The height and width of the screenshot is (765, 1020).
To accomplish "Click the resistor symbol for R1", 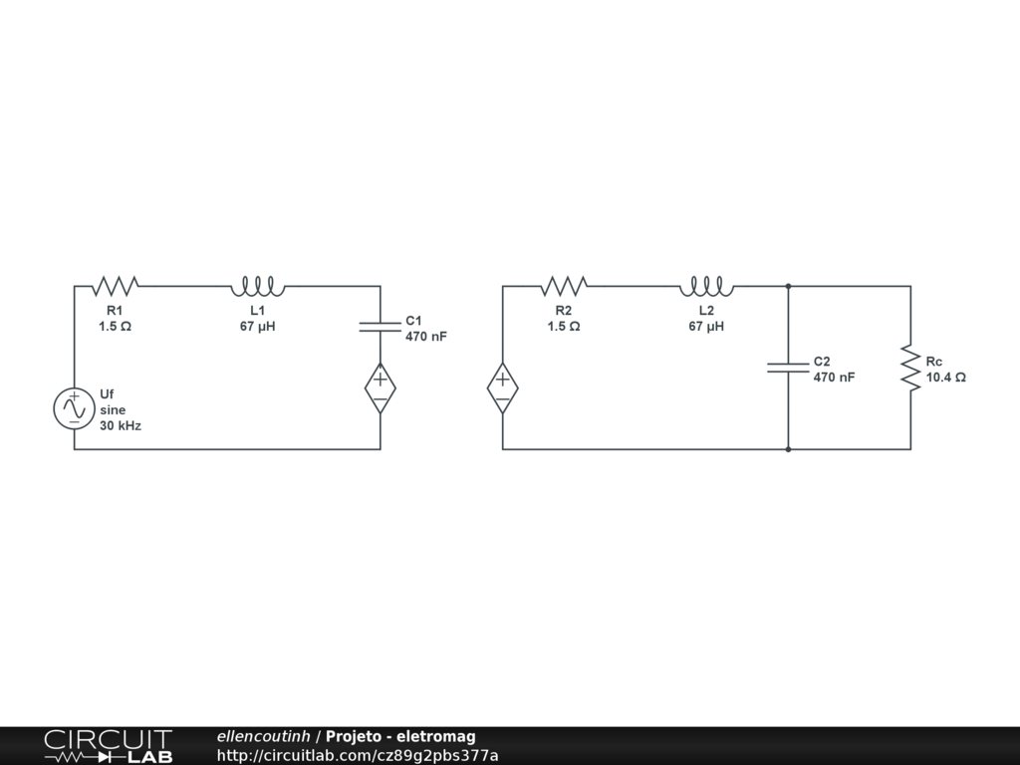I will click(x=116, y=287).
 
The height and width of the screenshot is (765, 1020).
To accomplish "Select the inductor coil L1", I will click(x=257, y=287).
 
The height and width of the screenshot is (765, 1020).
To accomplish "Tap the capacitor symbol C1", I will click(x=381, y=325).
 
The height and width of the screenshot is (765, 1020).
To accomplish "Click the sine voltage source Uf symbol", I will click(x=74, y=408).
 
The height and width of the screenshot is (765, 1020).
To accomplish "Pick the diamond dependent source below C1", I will click(x=381, y=388).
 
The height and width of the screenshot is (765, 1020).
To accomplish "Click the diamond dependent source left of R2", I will click(x=503, y=388).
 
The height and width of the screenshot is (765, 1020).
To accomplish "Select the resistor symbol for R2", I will click(x=564, y=287).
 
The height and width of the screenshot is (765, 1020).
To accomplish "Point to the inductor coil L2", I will click(x=706, y=287).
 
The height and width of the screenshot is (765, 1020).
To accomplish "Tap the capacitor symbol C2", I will click(x=788, y=367).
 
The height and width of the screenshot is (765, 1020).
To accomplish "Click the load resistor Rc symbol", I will click(x=910, y=368).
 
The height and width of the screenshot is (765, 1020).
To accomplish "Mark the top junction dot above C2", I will click(x=788, y=286).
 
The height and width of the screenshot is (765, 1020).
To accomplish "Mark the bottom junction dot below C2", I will click(x=788, y=449).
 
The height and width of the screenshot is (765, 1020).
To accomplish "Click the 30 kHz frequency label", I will click(x=120, y=425).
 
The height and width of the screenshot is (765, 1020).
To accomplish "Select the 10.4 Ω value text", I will click(x=945, y=378).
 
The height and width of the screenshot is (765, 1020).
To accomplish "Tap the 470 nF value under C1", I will click(x=425, y=337).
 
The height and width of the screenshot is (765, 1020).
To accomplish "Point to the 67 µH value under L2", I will click(x=706, y=326).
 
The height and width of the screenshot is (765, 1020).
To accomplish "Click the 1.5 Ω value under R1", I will click(x=116, y=326).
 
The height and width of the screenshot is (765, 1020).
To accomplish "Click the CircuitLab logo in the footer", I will click(x=108, y=746).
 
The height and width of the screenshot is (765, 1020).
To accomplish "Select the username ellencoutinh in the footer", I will click(x=263, y=736).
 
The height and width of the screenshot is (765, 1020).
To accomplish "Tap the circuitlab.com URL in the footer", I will click(x=357, y=756).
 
